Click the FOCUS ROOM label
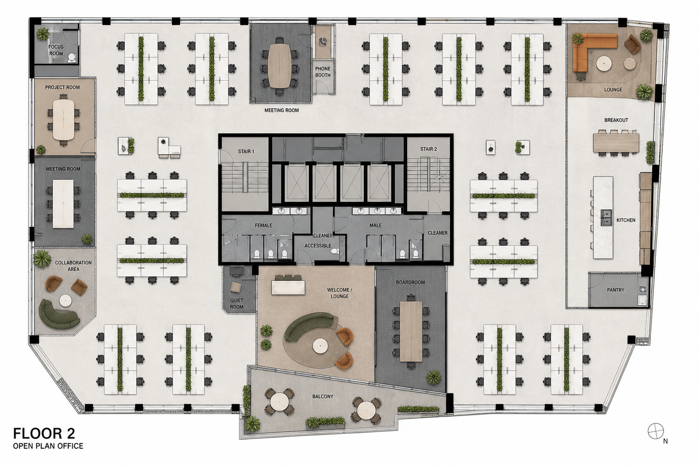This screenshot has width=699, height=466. click(56, 50)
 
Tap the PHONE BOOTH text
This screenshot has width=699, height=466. click(323, 72)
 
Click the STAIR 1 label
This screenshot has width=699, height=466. click(246, 152)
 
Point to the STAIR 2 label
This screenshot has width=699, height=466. click(428, 149)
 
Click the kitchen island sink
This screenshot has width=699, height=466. click(607, 217)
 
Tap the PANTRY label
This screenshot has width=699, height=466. click(616, 290)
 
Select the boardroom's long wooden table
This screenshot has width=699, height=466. click(411, 331)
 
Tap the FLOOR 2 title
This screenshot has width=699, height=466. click(44, 434)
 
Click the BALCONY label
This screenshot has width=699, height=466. click(323, 396)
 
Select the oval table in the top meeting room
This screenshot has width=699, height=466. click(279, 65)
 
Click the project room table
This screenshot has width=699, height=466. click(64, 119)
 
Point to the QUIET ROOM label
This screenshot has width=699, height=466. click(237, 304)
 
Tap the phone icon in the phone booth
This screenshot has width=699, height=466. click(323, 41)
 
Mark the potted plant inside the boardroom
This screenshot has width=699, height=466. click(434, 377)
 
